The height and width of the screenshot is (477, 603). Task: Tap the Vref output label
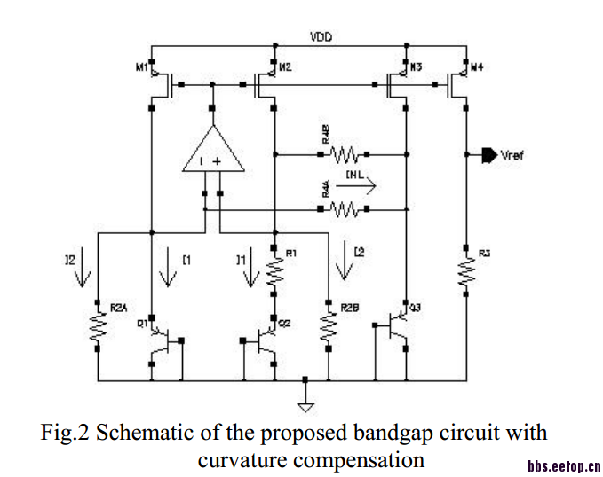click(x=512, y=155)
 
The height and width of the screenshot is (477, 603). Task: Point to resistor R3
click(x=465, y=273)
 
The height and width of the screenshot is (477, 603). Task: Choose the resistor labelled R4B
click(x=343, y=155)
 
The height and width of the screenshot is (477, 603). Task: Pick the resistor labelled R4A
click(x=343, y=209)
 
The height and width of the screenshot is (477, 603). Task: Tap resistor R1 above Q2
click(x=274, y=273)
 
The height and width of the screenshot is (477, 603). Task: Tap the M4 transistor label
click(x=477, y=67)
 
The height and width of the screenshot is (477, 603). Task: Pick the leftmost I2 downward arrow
click(x=83, y=270)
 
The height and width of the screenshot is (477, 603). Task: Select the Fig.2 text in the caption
click(x=66, y=434)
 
